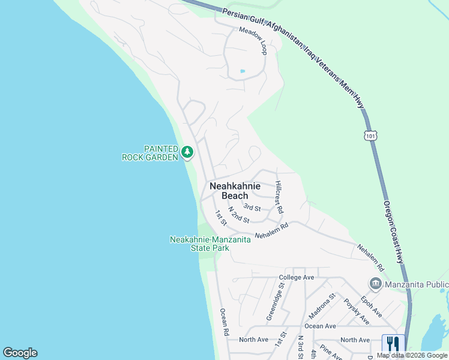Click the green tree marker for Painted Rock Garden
click(x=188, y=152)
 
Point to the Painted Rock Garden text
click(x=150, y=153)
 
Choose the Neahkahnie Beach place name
click(x=235, y=191)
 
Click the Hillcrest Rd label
click(x=279, y=198)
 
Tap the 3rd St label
click(x=252, y=208)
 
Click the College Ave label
click(x=297, y=277)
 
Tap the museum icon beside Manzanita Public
click(x=376, y=283)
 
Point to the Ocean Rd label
click(x=224, y=322)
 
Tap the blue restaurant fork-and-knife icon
click(x=393, y=344)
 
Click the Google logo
click(x=20, y=353)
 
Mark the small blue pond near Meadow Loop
click(x=243, y=71)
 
